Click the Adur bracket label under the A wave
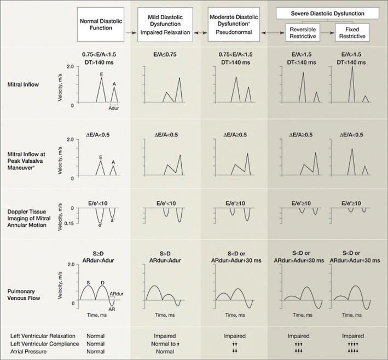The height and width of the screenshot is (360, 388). pos(114,108)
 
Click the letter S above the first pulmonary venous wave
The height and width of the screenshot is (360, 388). pos(88,283)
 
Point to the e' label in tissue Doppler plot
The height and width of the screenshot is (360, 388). pos(100,225)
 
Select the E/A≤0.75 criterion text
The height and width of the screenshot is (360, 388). pos(165,55)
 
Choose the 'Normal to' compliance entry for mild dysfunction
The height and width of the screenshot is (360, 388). pos(163,343)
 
